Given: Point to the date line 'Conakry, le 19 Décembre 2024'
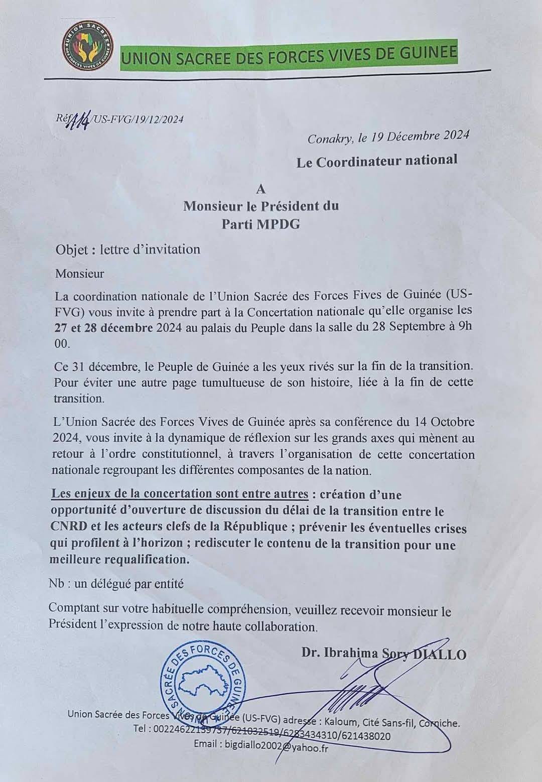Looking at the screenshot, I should [x=388, y=137].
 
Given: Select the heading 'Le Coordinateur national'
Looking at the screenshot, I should [x=377, y=161].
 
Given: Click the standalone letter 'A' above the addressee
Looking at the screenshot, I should [x=260, y=189].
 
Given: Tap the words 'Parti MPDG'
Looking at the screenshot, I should [x=261, y=224].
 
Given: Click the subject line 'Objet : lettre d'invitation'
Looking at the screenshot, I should [x=128, y=249].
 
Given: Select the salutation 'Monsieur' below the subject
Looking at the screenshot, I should [x=80, y=274].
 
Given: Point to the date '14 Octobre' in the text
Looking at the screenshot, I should [x=445, y=422].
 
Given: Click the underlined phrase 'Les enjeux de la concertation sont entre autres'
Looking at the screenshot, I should [x=180, y=494].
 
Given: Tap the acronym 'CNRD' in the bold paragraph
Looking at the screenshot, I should [x=69, y=528].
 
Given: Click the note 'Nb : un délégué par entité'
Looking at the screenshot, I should [x=116, y=584].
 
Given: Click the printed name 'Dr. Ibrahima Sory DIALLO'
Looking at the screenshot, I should [x=384, y=654].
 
